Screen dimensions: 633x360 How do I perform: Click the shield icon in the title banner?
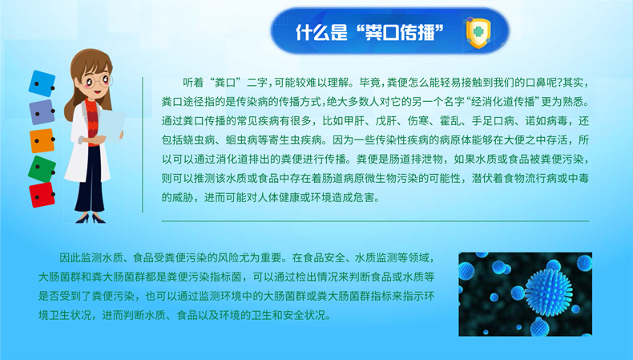(x=478, y=32)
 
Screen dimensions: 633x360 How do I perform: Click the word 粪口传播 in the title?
(x=400, y=32)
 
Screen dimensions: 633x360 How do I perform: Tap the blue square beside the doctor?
(x=42, y=83)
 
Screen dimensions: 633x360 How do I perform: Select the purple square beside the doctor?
(x=42, y=112)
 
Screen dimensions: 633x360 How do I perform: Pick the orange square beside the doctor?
(x=42, y=140)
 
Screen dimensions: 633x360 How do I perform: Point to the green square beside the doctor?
(x=42, y=168)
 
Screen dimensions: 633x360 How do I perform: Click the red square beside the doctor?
(x=42, y=195)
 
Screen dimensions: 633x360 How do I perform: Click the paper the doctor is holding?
(x=111, y=126)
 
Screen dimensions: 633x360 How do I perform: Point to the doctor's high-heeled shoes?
(x=90, y=219)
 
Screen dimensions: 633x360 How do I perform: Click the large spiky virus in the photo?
(x=548, y=291)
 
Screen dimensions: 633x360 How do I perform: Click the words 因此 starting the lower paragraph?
(x=71, y=258)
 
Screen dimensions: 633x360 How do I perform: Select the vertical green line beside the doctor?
(x=143, y=144)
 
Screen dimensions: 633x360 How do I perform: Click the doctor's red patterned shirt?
(x=92, y=122)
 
